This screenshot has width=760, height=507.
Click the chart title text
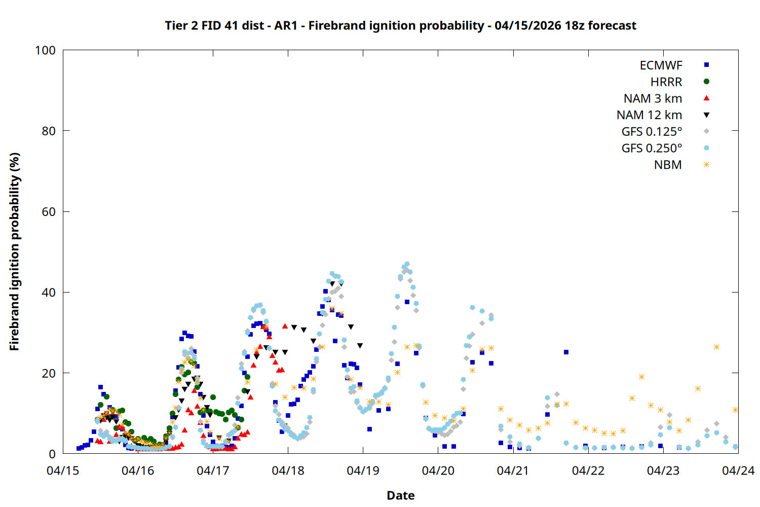tap(400, 25)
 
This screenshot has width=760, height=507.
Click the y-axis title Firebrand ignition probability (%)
tap(14, 251)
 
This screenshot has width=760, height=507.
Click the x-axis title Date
tap(400, 495)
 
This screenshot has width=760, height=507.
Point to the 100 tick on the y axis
tap(45, 50)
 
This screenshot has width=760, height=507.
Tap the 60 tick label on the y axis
tap(49, 212)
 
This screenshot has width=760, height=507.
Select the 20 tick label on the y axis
tap(49, 373)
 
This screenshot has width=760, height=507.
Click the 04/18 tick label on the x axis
tap(288, 470)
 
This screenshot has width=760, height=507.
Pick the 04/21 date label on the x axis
tap(513, 470)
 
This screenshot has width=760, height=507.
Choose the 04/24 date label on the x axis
tap(738, 470)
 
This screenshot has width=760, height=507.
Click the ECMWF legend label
tap(661, 65)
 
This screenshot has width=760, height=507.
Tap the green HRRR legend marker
tap(706, 82)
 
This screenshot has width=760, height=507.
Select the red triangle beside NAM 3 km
tap(706, 98)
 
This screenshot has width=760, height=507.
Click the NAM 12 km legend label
tap(649, 115)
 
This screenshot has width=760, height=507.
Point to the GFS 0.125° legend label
tap(652, 132)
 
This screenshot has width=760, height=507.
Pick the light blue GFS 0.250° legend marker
tap(706, 148)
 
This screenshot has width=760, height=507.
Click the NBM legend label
tap(668, 165)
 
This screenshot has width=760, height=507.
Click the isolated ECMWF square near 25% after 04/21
tap(566, 352)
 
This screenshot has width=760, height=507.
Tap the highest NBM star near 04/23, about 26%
tap(716, 347)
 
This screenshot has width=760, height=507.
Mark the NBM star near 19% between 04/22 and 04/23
tap(641, 377)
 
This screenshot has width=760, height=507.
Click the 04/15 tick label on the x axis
tap(63, 470)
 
